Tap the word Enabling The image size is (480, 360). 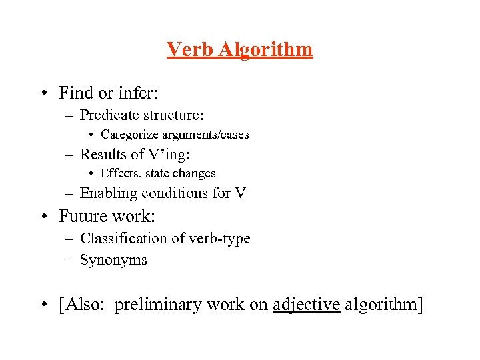tap(107, 193)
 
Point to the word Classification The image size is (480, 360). tap(125, 238)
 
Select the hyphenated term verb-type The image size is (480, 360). tap(220, 238)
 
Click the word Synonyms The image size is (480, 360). tap(113, 260)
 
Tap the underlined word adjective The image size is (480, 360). tap(307, 305)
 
